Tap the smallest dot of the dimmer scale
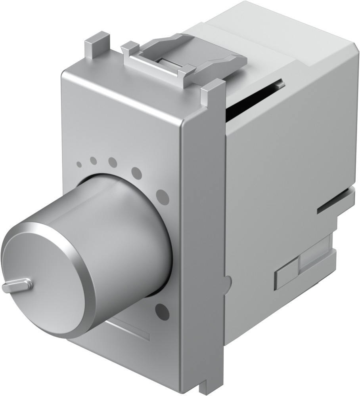(79, 164)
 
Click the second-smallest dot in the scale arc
(94, 161)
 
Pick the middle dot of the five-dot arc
(113, 163)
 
